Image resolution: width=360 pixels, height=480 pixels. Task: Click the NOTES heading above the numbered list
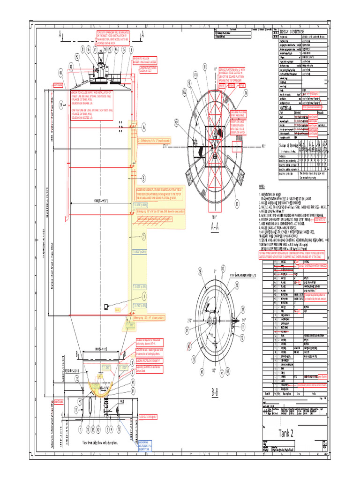click(262, 187)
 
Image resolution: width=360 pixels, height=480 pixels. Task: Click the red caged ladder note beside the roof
click(145, 60)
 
